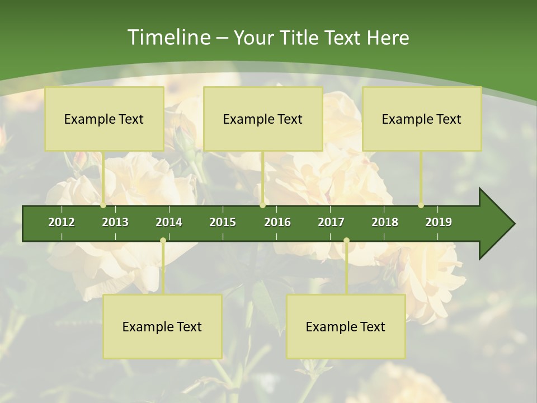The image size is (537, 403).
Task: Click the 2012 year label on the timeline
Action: pos(62,222)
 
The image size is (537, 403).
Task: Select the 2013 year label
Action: pos(115,222)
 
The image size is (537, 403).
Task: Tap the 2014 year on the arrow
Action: pos(169,222)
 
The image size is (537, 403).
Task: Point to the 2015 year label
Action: pos(223,222)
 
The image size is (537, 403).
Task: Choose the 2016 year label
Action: pos(277,222)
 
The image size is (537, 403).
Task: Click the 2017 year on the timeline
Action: pos(331,222)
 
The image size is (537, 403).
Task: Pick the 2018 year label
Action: pos(385,222)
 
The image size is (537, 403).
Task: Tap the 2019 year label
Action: pos(439,222)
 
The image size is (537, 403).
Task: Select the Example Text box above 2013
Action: pos(104,119)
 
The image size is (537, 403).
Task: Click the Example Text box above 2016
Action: pos(263,119)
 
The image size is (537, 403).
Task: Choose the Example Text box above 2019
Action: pos(422,119)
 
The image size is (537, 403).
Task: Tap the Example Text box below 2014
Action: pos(162,326)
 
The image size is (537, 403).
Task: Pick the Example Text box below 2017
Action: pos(346,326)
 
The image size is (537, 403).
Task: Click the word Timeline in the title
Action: pos(168,38)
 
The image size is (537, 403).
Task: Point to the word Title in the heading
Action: pos(304,38)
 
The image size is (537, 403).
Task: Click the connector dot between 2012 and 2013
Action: pos(103,205)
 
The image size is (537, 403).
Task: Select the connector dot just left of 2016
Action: pos(262,205)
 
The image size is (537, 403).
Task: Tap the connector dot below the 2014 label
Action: pos(163,241)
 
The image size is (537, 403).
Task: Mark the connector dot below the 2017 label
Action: pos(346,241)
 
